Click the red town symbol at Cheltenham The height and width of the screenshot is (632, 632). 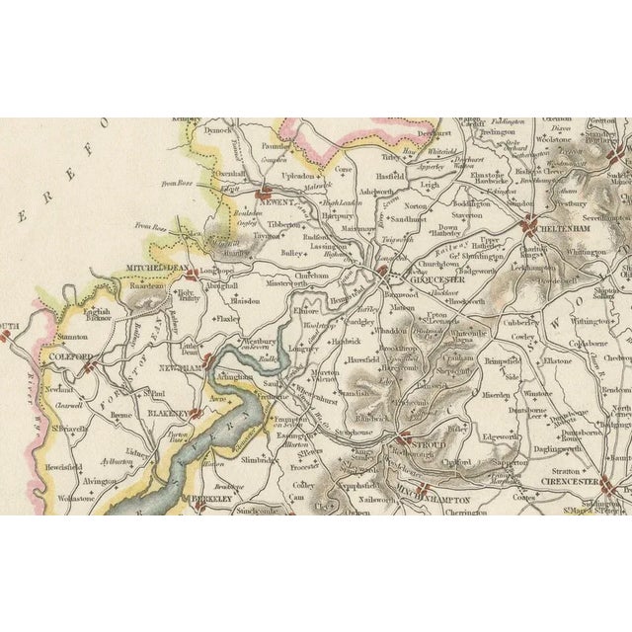pos(530,223)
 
